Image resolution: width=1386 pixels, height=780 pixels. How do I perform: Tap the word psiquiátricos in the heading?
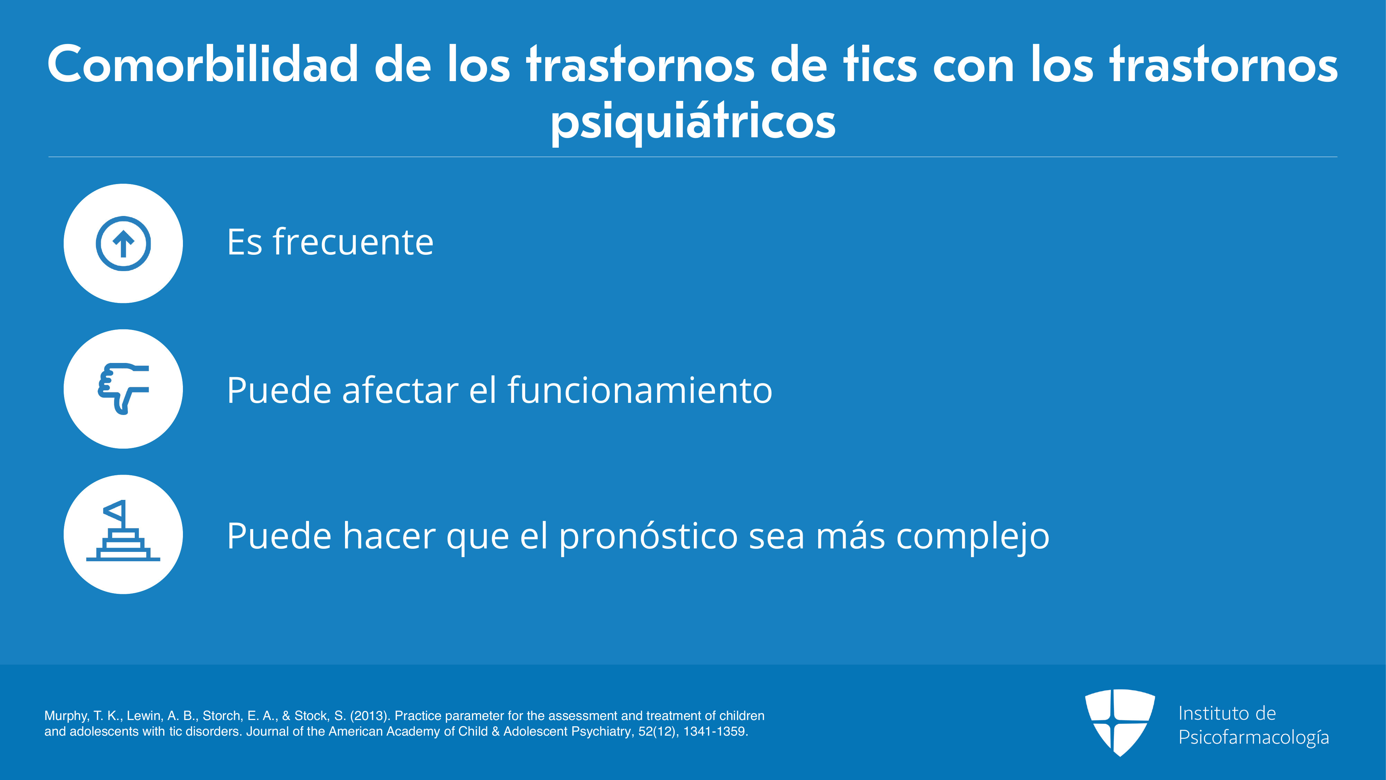tap(693, 122)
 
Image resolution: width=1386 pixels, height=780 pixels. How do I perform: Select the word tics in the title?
tap(880, 64)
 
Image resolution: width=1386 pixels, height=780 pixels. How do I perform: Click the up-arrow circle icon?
tap(123, 243)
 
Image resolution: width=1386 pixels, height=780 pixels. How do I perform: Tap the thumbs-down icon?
tap(123, 389)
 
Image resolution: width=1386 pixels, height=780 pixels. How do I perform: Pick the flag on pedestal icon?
tap(123, 531)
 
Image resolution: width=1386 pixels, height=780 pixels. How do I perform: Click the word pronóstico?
tap(648, 536)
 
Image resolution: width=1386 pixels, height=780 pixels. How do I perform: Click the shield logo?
tap(1120, 722)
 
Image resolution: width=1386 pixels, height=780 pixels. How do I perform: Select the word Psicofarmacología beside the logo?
tap(1254, 737)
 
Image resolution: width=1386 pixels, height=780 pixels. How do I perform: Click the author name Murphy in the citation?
tap(65, 716)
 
